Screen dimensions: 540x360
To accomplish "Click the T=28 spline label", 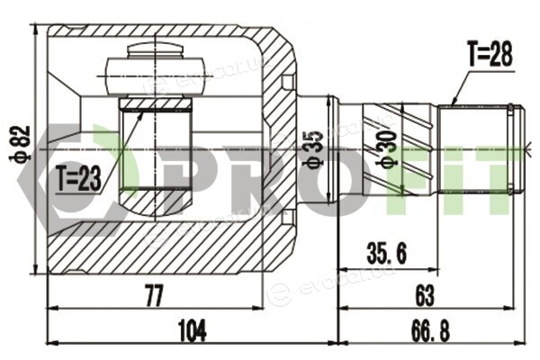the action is (x=490, y=54).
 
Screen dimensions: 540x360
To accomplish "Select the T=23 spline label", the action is (x=79, y=178).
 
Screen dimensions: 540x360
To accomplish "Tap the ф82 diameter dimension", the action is (x=20, y=144).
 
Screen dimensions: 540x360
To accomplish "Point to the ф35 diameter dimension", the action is (x=312, y=150).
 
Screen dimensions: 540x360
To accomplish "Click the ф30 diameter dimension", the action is (x=386, y=149).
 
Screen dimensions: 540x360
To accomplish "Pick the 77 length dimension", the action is (x=154, y=295).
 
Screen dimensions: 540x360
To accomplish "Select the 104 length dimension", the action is (x=193, y=331).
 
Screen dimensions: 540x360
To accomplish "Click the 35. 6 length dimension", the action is (x=386, y=253).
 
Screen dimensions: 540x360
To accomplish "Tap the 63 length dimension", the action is (x=425, y=295).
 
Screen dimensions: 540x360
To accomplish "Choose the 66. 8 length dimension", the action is (x=430, y=331).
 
